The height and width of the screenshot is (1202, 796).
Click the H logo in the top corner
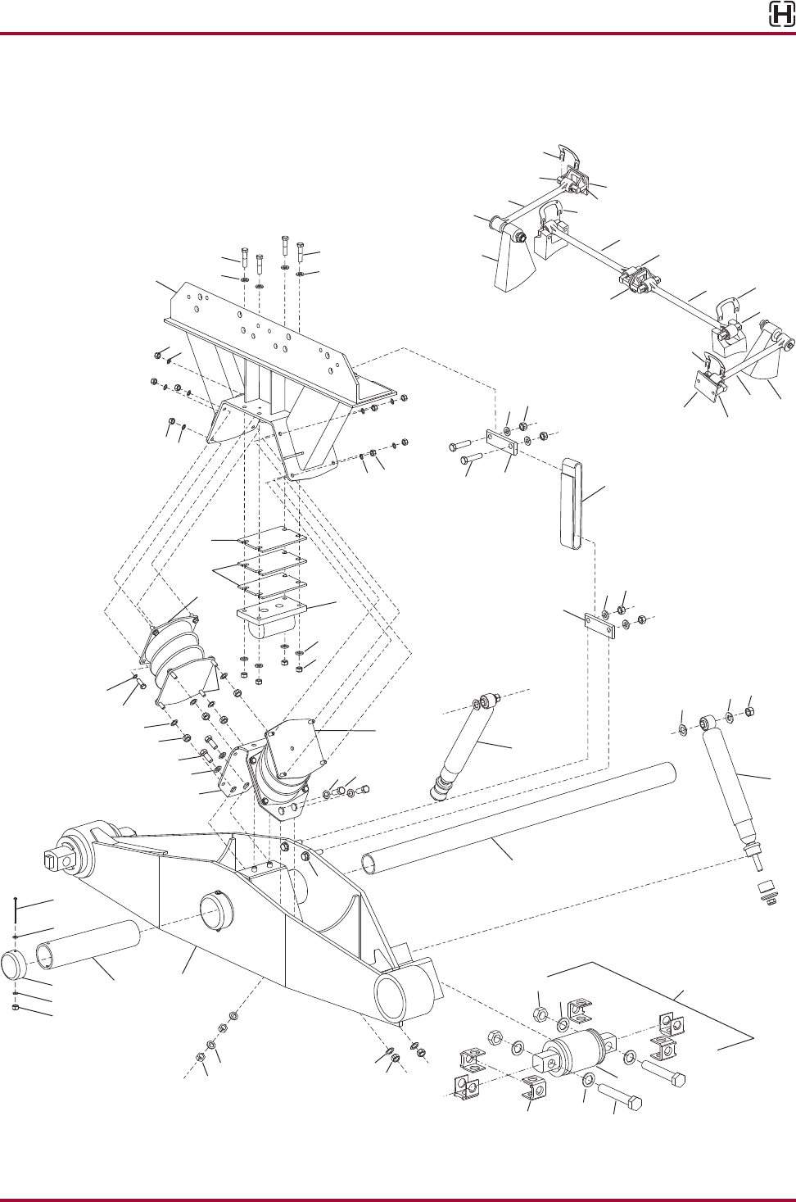(780, 15)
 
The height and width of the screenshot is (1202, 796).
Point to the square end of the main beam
(52, 860)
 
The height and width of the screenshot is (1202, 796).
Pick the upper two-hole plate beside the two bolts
(500, 442)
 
